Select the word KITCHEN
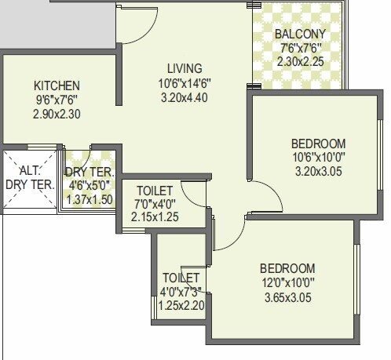coord(57,85)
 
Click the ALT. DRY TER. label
coord(30,178)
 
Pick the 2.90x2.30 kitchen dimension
coord(57,114)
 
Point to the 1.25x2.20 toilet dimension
coord(181,305)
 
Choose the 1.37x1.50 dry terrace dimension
coord(90,199)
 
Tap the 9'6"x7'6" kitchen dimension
coord(57,100)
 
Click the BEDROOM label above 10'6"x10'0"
coord(318,144)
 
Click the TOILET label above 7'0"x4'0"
coord(155,191)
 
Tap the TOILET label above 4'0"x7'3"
coord(181,278)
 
